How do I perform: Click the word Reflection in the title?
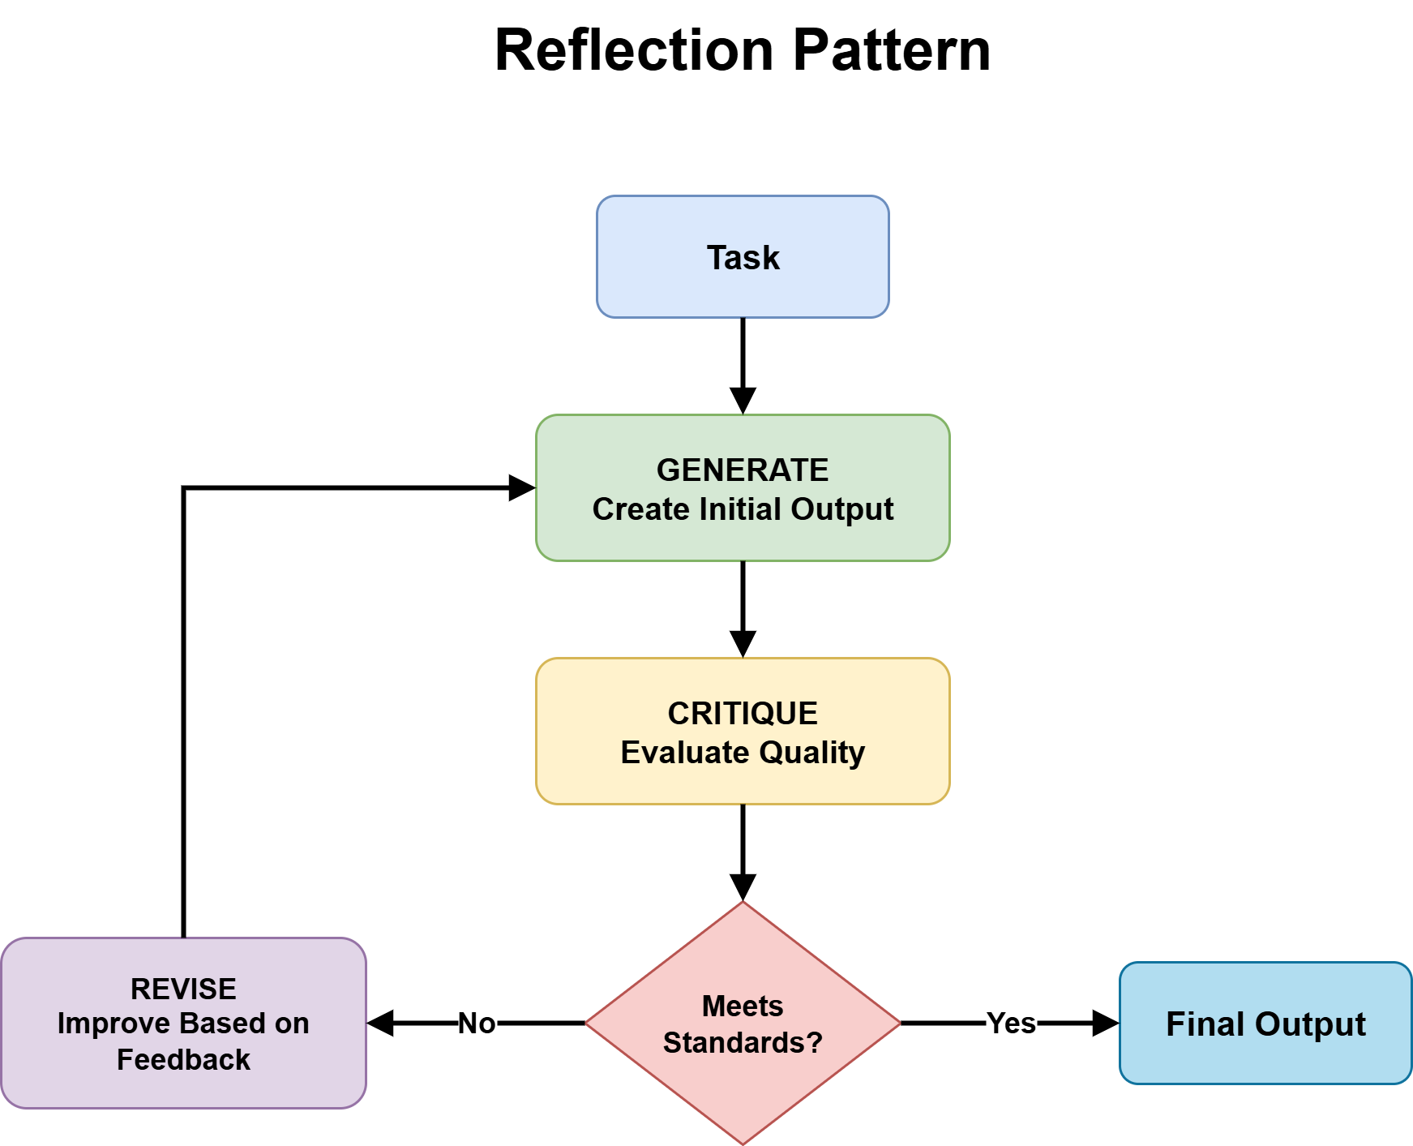point(634,50)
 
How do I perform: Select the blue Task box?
point(743,257)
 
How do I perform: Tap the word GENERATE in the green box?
point(743,470)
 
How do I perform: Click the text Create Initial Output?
point(743,509)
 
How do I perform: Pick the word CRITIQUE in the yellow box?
point(743,713)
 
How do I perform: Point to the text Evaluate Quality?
point(743,753)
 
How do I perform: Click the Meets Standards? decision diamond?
point(743,1024)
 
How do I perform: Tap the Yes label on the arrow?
point(1011,1024)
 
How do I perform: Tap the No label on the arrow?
point(477,1024)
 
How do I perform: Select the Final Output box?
point(1265,1024)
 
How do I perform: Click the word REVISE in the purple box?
point(183,989)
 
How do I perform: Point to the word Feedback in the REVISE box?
point(183,1059)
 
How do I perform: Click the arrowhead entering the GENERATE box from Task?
point(743,401)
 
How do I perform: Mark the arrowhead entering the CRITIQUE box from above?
point(743,645)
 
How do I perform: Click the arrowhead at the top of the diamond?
point(743,888)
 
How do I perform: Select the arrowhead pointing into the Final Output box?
point(1105,1024)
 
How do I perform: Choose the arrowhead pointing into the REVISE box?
point(381,1024)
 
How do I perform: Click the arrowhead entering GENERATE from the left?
point(521,487)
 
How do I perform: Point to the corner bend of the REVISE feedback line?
point(184,488)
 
